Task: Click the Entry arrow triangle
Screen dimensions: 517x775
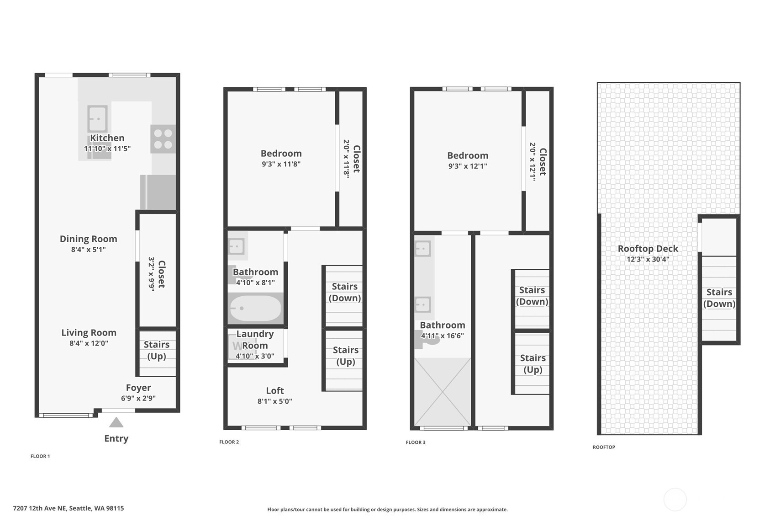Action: pyautogui.click(x=116, y=422)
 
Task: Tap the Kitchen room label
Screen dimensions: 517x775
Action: pyautogui.click(x=107, y=138)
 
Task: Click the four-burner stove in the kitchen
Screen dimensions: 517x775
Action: pyautogui.click(x=163, y=139)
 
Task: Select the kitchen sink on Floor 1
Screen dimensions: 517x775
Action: pyautogui.click(x=97, y=119)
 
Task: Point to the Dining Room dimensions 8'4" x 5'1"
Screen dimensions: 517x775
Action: pyautogui.click(x=88, y=250)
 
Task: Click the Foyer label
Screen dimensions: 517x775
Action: pyautogui.click(x=138, y=388)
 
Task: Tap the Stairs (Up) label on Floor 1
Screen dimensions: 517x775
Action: pyautogui.click(x=157, y=350)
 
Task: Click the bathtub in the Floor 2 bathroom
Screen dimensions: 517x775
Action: pyautogui.click(x=255, y=309)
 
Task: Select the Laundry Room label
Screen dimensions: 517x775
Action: pyautogui.click(x=255, y=340)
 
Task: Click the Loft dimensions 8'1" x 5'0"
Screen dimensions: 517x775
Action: pyautogui.click(x=274, y=401)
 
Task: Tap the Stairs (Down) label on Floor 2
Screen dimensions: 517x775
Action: pyautogui.click(x=345, y=292)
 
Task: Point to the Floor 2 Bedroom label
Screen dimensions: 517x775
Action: pyautogui.click(x=281, y=154)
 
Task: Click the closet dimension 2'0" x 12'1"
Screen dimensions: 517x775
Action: pyautogui.click(x=532, y=162)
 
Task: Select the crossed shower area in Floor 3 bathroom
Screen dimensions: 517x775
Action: pyautogui.click(x=443, y=392)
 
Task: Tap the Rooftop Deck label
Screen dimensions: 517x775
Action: pyautogui.click(x=648, y=249)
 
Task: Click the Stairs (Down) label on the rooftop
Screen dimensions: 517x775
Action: pyautogui.click(x=719, y=298)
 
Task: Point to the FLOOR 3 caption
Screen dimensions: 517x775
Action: pyautogui.click(x=415, y=442)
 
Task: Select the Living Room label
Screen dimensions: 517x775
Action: pyautogui.click(x=89, y=333)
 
